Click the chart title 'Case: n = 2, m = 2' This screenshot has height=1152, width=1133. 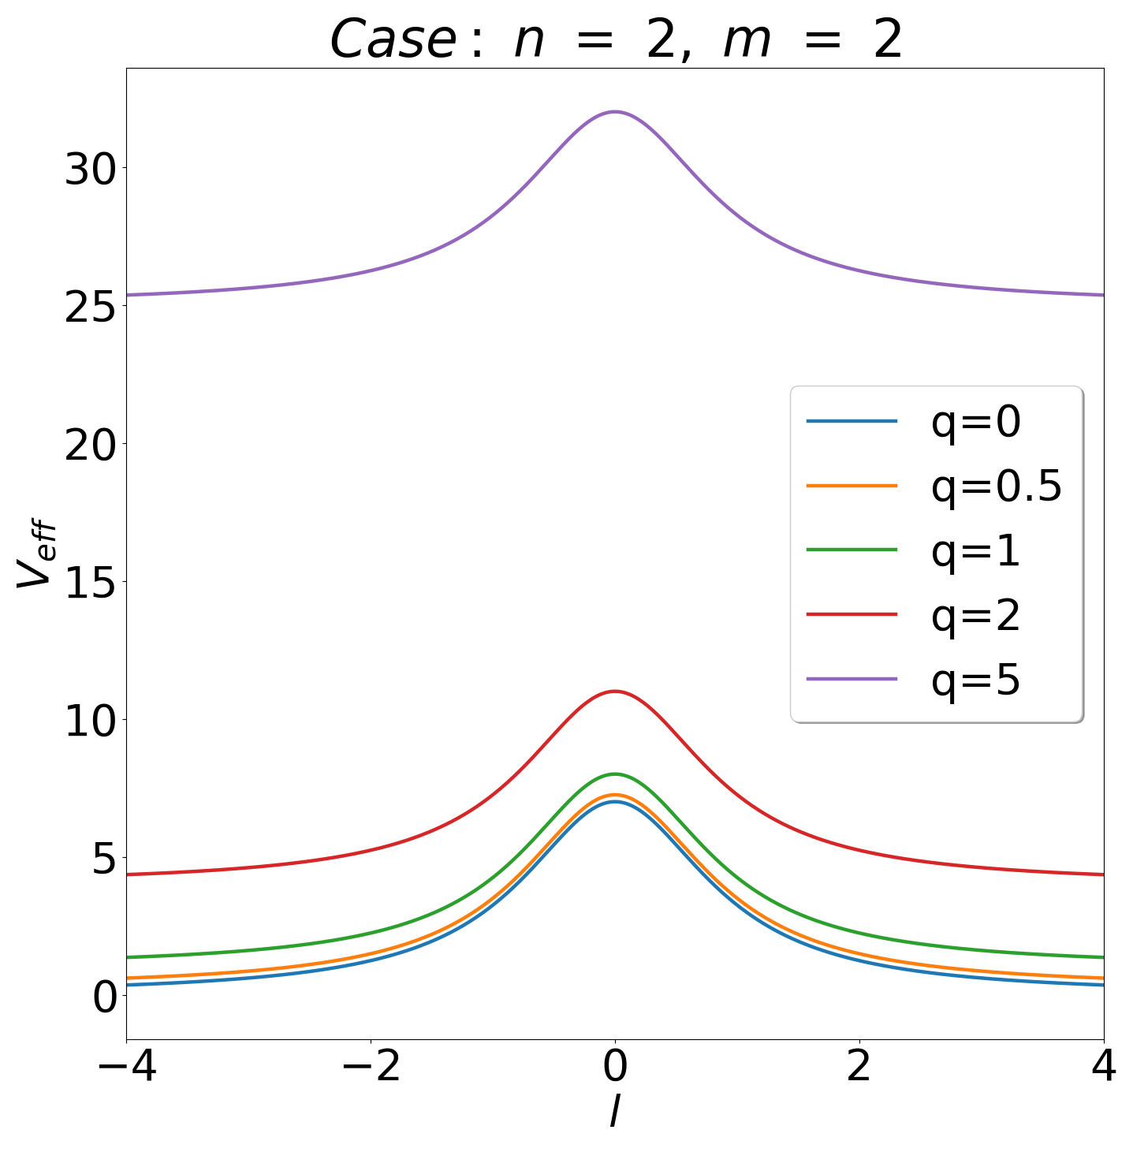615,39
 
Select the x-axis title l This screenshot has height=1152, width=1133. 614,1113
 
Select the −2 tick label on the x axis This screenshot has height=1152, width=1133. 371,1068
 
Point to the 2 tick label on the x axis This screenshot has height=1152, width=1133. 859,1068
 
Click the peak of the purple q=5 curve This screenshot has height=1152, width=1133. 615,111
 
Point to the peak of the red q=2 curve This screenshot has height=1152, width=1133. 615,691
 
